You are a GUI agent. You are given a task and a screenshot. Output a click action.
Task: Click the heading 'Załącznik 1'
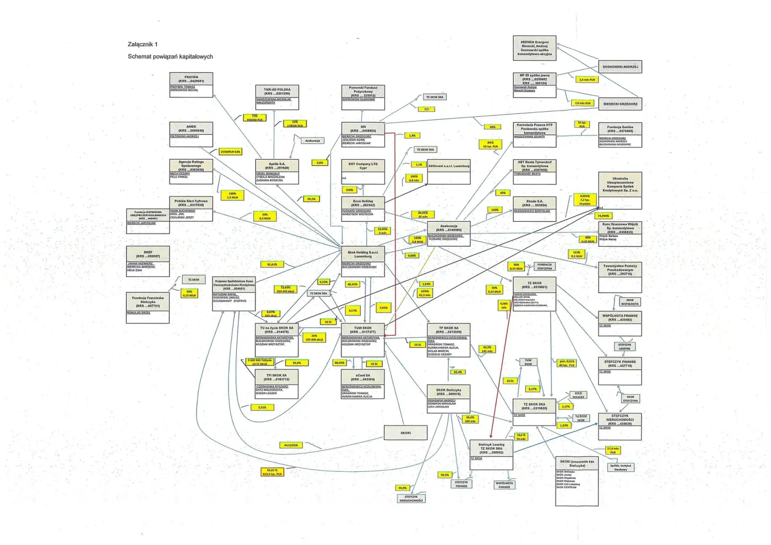143,45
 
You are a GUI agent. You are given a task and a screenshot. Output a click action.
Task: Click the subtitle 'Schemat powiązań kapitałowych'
170,57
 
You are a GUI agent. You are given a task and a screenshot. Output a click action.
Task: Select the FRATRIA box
191,85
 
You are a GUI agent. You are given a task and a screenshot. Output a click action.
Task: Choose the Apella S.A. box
277,172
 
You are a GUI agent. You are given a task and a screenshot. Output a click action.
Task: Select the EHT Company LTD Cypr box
363,172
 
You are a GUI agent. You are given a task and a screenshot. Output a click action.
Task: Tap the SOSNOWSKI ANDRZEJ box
620,67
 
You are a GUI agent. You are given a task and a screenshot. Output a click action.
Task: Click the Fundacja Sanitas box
620,134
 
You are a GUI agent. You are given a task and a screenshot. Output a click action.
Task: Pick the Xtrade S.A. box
534,209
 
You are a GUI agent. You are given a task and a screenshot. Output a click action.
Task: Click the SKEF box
148,261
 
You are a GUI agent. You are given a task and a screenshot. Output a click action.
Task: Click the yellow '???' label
426,110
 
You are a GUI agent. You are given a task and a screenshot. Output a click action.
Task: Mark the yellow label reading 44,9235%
291,445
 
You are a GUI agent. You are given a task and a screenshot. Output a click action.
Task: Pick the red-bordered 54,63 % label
272,472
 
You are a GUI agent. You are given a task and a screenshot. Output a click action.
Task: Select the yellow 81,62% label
272,265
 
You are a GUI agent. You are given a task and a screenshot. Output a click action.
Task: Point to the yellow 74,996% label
604,216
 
